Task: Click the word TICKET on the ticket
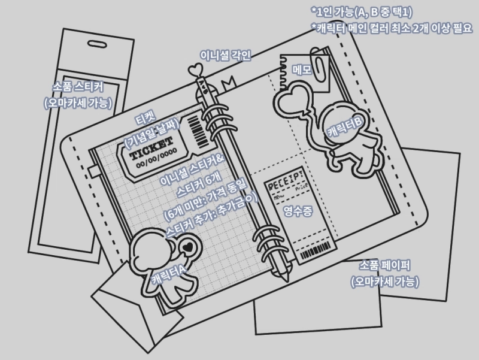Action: click(150, 147)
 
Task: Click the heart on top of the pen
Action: click(196, 70)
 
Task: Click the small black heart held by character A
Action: click(188, 246)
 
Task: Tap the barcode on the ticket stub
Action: click(196, 128)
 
